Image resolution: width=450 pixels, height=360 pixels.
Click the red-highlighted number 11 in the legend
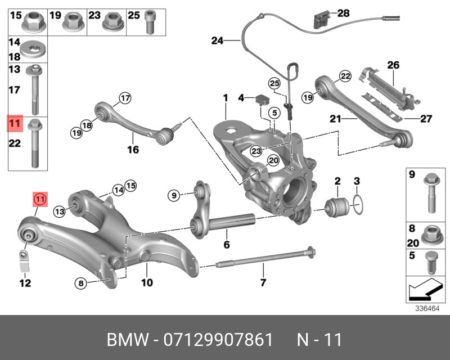[15, 123]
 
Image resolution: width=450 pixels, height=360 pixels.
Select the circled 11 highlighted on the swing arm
[40, 199]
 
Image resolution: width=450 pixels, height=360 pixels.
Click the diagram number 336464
[427, 308]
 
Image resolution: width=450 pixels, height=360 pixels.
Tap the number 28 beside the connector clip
[344, 13]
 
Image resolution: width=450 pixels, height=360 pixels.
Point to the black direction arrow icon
[423, 291]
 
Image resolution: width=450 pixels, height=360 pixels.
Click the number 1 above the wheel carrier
[225, 98]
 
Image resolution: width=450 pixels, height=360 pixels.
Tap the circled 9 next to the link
[174, 195]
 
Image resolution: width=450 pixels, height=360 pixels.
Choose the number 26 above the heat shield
[393, 65]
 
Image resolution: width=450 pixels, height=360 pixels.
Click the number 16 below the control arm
[133, 150]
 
